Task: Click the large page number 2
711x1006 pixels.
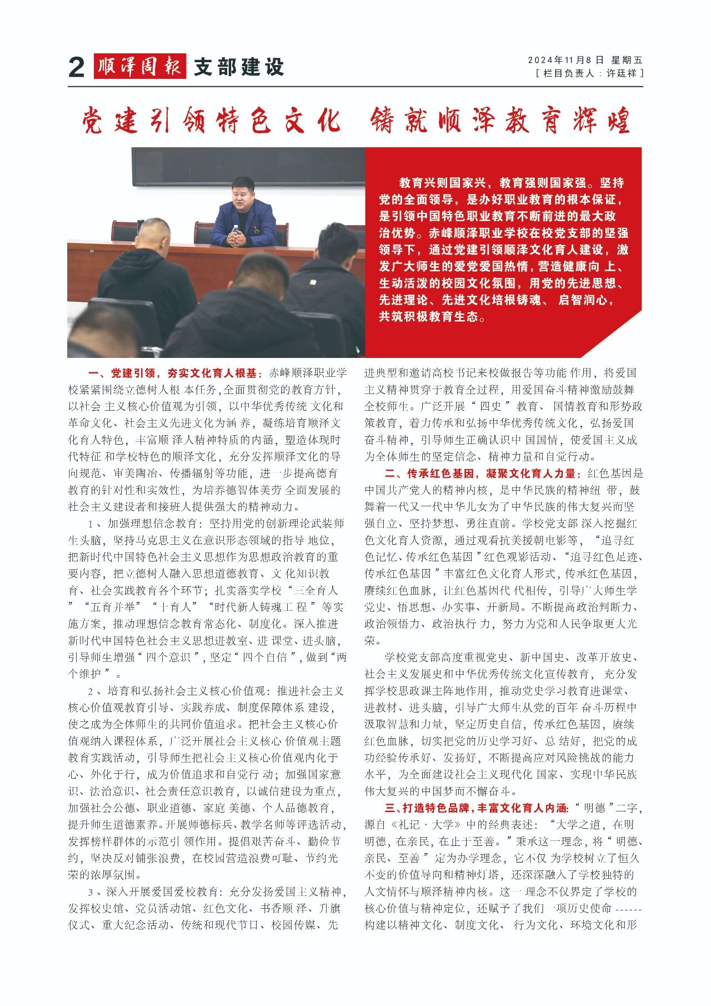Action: tap(77, 67)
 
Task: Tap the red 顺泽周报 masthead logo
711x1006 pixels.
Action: tap(139, 66)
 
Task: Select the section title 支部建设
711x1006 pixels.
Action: tap(239, 67)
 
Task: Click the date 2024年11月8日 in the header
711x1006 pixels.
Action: tap(565, 60)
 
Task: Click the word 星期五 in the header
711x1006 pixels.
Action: tap(627, 60)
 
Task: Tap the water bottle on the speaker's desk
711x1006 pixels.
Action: tap(236, 235)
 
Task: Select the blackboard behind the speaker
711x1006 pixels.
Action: tap(248, 166)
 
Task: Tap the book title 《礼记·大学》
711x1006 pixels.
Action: tap(425, 824)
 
